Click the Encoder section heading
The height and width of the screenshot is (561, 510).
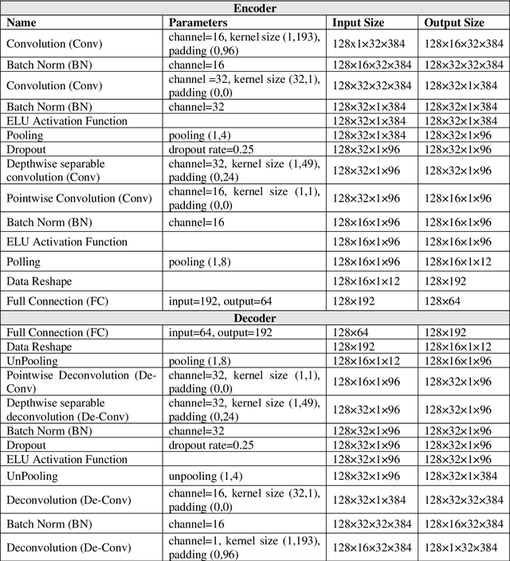[x=255, y=9]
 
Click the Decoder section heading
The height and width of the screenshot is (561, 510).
[x=255, y=319]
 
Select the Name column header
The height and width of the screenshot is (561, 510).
[x=21, y=23]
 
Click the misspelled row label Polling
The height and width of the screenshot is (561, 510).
[x=23, y=261]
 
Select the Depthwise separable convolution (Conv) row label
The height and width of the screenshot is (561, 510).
[x=56, y=171]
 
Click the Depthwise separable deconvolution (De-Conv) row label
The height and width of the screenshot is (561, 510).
[x=63, y=410]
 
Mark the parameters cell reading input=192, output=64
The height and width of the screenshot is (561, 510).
[x=220, y=301]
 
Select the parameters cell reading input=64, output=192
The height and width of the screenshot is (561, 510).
[x=220, y=332]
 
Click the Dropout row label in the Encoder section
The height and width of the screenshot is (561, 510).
[x=26, y=149]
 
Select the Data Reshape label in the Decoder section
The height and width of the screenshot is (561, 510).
[x=39, y=347]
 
